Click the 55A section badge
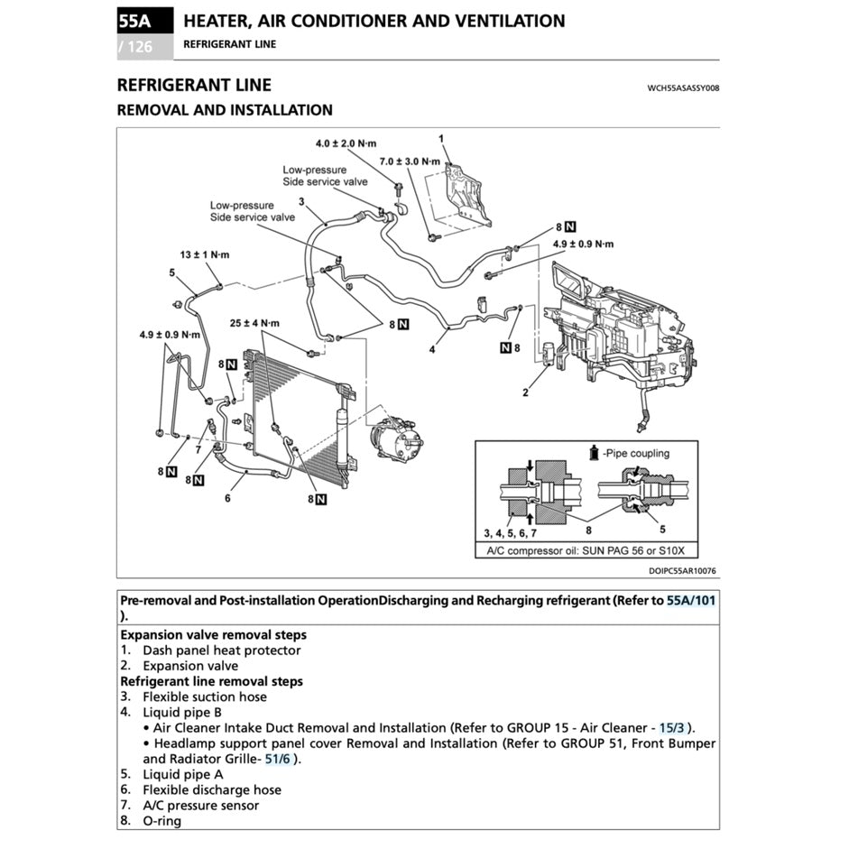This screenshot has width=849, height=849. point(134,21)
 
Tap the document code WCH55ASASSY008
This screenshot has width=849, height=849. point(682,88)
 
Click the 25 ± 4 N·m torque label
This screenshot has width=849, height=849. point(254,323)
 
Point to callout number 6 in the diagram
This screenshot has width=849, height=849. point(228,496)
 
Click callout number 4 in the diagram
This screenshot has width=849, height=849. point(432,349)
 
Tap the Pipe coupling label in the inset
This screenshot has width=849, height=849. point(637,453)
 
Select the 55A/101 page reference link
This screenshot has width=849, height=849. point(692,601)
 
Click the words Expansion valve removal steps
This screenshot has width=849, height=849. point(213,634)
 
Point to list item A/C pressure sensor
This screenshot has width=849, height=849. point(200,805)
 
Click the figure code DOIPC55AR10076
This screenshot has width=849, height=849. point(682,570)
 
